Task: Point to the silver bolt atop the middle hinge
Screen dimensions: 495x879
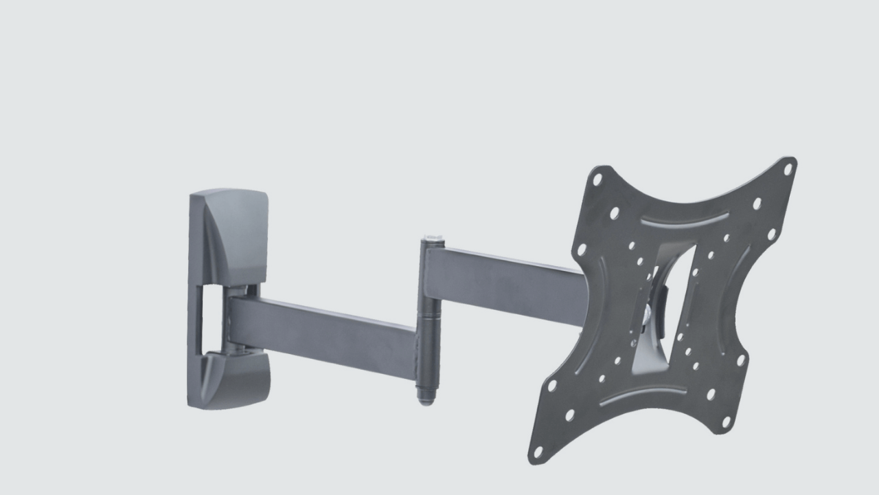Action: pyautogui.click(x=432, y=240)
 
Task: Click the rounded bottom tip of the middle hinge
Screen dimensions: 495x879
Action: pyautogui.click(x=426, y=398)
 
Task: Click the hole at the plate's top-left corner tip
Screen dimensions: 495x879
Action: pyautogui.click(x=597, y=179)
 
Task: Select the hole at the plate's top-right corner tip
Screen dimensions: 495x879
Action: pyautogui.click(x=788, y=168)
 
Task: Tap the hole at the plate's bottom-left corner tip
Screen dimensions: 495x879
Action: pyautogui.click(x=538, y=452)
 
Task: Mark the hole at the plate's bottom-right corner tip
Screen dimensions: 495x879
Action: pyautogui.click(x=726, y=421)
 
